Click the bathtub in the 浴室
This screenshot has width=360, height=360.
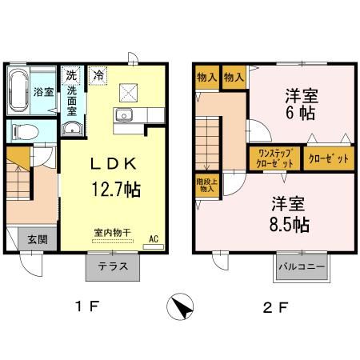click(x=18, y=90)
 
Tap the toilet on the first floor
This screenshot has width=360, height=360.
click(x=26, y=132)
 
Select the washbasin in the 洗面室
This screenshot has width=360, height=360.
click(x=72, y=129)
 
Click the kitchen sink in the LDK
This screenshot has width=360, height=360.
click(x=123, y=115)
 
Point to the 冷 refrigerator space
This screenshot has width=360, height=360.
click(x=98, y=75)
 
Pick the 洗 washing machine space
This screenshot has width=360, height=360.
click(x=71, y=75)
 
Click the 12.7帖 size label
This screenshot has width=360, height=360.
click(x=116, y=189)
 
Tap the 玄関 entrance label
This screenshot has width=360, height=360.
click(x=38, y=239)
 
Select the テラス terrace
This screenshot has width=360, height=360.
click(x=113, y=267)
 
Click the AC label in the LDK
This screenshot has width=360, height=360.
click(x=154, y=238)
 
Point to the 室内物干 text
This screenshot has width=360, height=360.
click(x=113, y=233)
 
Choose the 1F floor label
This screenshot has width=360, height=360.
click(x=87, y=306)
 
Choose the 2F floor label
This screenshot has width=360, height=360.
click(x=275, y=308)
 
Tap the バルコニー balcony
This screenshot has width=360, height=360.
click(x=302, y=267)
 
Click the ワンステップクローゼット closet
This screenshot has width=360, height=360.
click(x=275, y=158)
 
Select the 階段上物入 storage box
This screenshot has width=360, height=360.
click(x=207, y=186)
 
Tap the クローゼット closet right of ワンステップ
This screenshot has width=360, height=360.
click(x=329, y=158)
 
